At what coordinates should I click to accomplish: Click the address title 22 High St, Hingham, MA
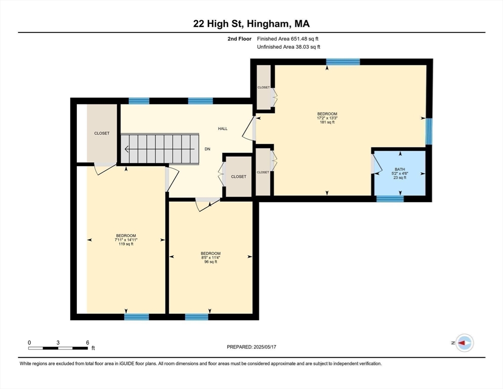(252, 24)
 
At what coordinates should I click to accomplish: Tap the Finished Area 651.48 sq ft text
(287, 38)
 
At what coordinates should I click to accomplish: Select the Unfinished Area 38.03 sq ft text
(288, 47)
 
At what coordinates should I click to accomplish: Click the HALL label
(223, 129)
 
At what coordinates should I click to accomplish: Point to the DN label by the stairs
(207, 149)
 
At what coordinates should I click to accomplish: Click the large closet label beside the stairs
(102, 133)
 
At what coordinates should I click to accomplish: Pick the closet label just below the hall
(238, 177)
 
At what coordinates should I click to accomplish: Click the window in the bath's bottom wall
(390, 199)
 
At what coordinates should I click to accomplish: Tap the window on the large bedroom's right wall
(429, 131)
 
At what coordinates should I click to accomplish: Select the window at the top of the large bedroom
(343, 62)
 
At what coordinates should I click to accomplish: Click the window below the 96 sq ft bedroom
(196, 317)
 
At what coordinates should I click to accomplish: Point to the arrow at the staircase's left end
(126, 149)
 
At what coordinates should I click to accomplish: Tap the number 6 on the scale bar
(88, 342)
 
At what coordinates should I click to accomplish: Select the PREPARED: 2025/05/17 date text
(251, 347)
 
